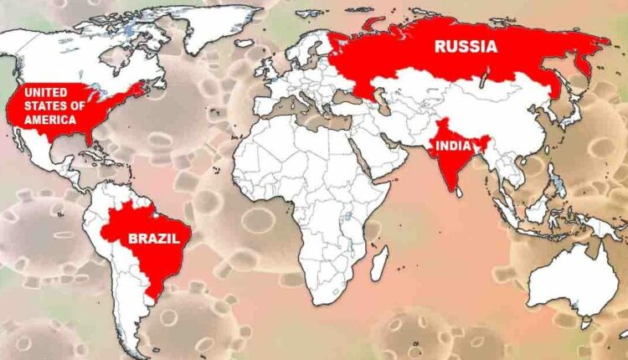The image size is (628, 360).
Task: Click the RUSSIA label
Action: coord(465,46)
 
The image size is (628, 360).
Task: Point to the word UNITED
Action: coord(42,92)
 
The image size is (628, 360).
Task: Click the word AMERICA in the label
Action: coord(54,120)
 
